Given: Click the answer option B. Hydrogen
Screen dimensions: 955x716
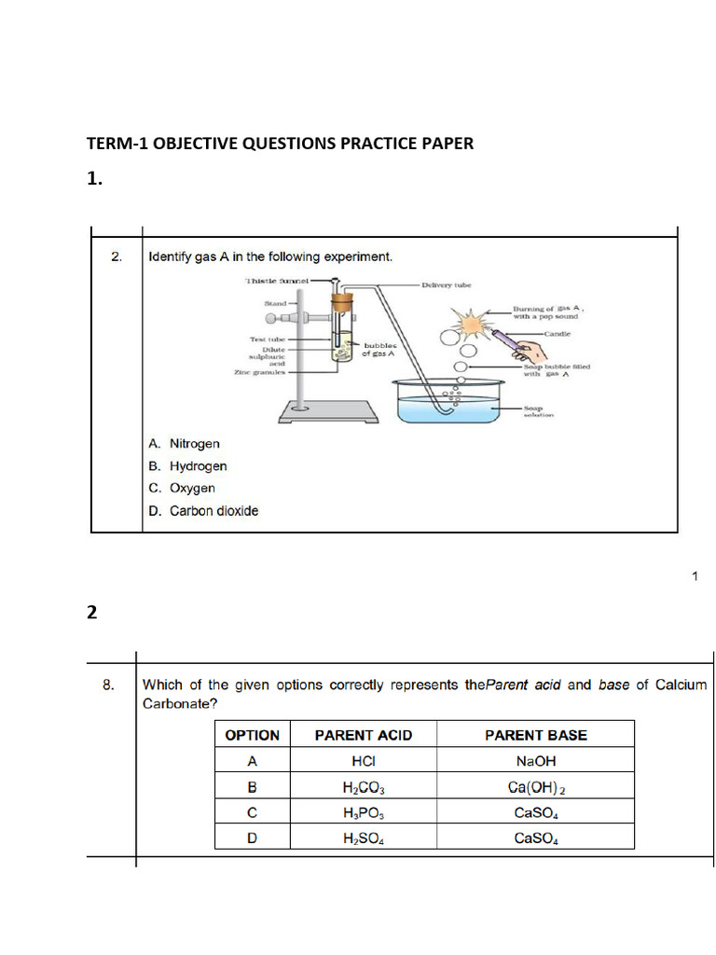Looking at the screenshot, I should [187, 466].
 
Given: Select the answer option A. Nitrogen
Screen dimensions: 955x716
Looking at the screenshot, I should [184, 444].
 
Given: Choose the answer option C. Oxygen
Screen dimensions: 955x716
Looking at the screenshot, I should [182, 489].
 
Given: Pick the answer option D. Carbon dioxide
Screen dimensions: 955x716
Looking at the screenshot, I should [203, 511].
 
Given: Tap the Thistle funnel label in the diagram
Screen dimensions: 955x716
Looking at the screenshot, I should [275, 280].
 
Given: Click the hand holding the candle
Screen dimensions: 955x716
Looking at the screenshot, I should [531, 351].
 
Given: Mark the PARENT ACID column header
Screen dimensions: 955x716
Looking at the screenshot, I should [363, 735].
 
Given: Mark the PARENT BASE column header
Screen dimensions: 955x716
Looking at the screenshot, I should [535, 735].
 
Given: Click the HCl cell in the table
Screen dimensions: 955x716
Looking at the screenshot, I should [363, 761].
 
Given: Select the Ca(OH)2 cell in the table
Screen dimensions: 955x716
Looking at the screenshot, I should [535, 787].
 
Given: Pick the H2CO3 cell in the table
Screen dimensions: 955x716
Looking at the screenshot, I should [363, 787].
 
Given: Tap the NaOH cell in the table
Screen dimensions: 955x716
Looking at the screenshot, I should [535, 761].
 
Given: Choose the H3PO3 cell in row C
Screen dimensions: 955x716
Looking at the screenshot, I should [363, 812].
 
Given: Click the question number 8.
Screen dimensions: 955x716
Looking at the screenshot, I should [109, 685].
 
